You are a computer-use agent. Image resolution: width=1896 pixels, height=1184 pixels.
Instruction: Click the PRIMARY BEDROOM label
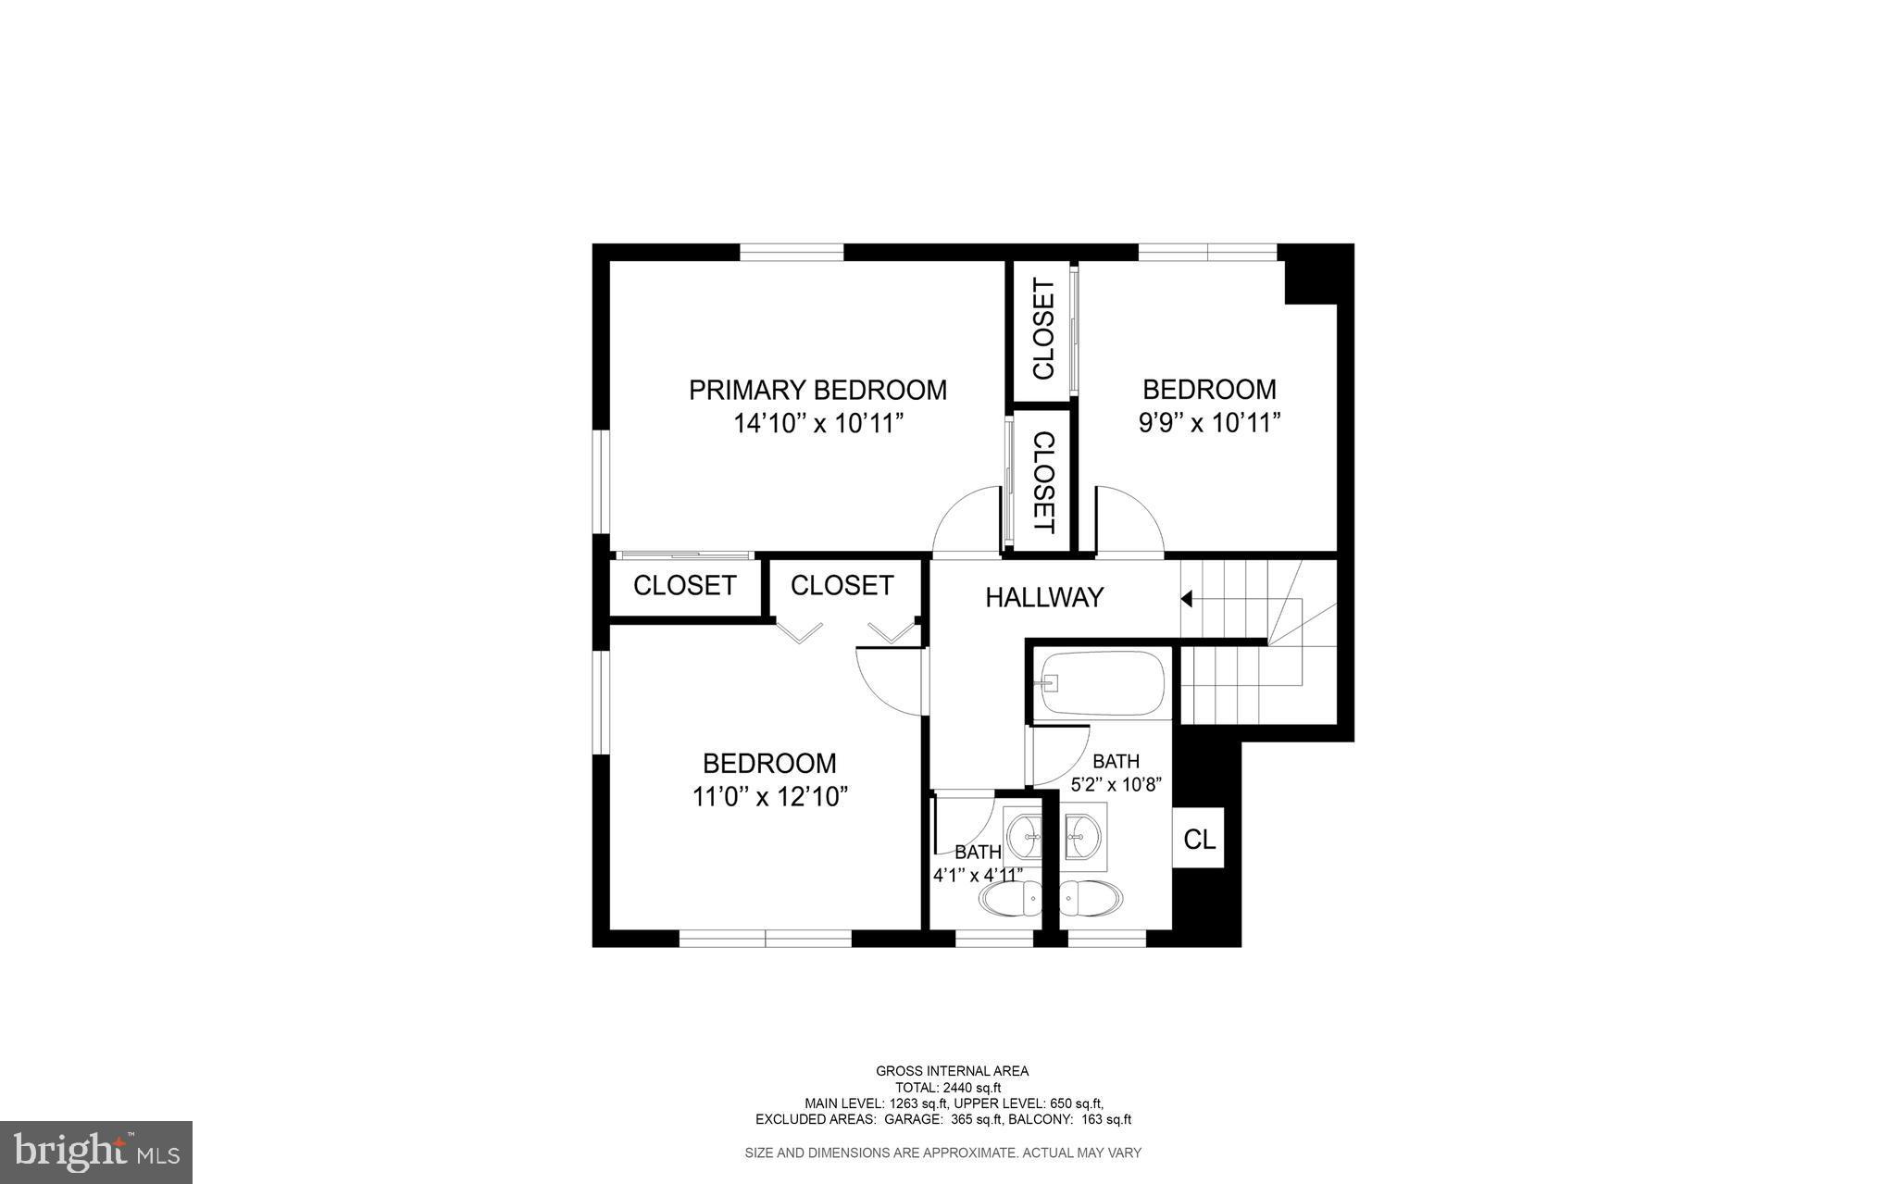click(817, 390)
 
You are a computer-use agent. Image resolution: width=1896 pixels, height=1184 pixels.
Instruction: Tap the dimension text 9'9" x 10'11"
click(1209, 424)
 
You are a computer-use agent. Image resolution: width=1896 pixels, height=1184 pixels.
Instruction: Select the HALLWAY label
click(1044, 598)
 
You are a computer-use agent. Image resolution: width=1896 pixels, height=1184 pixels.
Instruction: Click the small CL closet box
click(1199, 840)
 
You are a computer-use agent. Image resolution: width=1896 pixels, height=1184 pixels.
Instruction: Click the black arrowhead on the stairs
click(1186, 600)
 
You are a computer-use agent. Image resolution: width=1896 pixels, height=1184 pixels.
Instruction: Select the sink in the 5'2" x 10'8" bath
click(1081, 838)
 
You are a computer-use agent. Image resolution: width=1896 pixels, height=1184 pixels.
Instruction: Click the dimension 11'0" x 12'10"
click(770, 797)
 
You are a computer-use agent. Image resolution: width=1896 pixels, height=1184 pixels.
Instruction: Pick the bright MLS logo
click(96, 1152)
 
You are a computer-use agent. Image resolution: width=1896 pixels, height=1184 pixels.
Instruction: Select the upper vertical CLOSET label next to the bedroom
click(1042, 330)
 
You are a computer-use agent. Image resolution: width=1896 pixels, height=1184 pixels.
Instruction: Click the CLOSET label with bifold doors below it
click(842, 585)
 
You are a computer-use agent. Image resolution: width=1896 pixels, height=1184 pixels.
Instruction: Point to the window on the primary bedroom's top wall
click(792, 252)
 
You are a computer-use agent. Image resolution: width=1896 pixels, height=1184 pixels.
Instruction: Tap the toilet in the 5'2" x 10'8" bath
click(1091, 897)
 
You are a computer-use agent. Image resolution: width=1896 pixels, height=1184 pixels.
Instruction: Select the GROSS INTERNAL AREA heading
click(952, 1071)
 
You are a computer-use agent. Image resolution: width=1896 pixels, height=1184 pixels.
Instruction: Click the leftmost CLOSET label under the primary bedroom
click(684, 585)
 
